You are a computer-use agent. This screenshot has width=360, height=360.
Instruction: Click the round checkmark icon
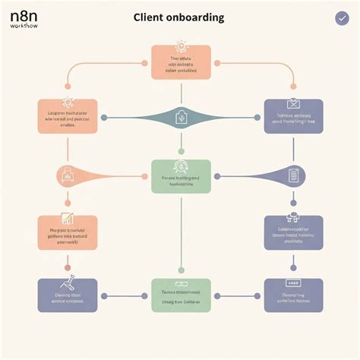342,19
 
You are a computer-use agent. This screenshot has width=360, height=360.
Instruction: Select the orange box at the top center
180,62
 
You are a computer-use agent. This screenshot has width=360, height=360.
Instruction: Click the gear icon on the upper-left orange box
67,102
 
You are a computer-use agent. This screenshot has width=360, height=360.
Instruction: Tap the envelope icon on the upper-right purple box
293,104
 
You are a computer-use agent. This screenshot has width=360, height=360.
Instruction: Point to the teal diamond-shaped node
180,118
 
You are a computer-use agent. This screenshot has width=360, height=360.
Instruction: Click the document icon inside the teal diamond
181,118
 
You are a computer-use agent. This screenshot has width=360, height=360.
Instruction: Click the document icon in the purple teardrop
293,176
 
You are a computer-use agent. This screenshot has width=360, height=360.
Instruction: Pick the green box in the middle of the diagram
180,176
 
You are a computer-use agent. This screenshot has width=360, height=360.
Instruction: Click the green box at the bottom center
180,296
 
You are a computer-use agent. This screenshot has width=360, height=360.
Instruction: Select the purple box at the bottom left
68,296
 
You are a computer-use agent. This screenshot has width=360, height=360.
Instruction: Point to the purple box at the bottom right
293,296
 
